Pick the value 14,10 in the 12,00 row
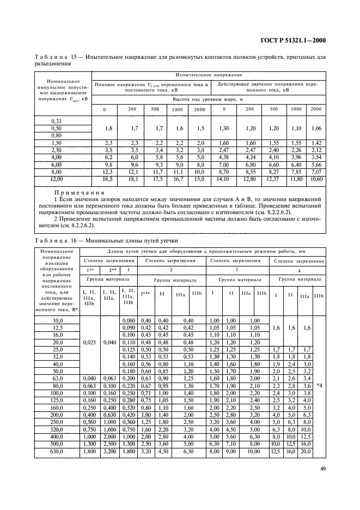coord(224,179)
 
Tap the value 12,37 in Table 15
coord(272,179)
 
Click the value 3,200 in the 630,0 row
coord(111,451)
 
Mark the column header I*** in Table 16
coord(145,294)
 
